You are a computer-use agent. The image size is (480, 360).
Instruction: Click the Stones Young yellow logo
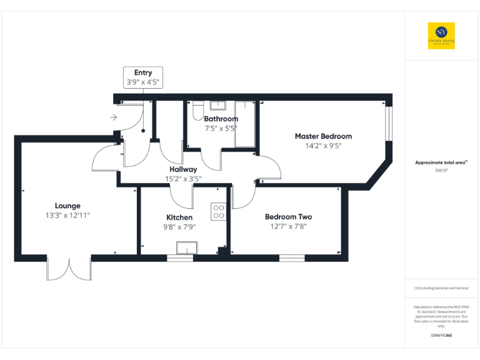point(441,36)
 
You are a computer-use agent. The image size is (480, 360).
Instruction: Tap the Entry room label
point(143,73)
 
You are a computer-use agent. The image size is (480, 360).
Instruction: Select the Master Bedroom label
point(323,136)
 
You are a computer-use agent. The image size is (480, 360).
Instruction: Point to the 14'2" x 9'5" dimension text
point(323,146)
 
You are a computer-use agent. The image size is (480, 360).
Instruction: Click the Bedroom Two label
point(288,217)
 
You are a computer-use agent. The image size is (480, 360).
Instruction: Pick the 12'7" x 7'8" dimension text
point(288,226)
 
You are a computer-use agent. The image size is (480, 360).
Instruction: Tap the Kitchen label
point(179,217)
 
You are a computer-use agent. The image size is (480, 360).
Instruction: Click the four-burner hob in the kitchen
point(219,212)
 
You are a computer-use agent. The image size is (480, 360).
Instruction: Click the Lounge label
point(67,206)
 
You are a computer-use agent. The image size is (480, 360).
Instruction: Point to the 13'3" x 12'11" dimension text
point(67,215)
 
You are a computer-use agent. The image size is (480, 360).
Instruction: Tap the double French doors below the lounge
point(69,269)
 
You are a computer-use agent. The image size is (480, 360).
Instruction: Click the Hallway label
point(183,169)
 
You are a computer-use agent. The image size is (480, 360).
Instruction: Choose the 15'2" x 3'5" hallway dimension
point(183,179)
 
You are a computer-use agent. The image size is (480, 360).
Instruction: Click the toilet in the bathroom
point(197,111)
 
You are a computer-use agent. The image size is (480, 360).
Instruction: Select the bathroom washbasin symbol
point(217,105)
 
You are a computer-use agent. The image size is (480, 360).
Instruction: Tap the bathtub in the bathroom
point(245,124)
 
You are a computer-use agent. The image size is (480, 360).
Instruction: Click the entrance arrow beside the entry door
point(113,117)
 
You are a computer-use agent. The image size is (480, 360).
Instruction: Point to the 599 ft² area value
point(441,170)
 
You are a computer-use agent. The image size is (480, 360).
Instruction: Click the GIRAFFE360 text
point(441,336)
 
